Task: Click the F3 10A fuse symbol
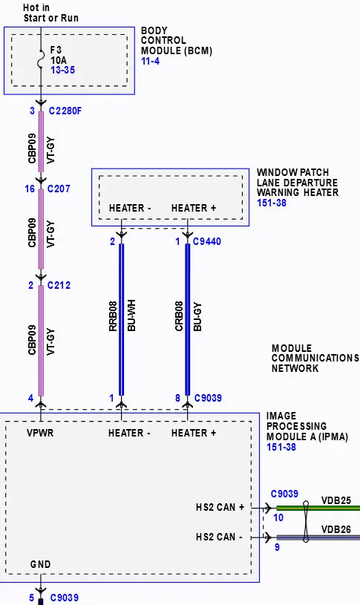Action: coord(41,60)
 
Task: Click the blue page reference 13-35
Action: coord(62,71)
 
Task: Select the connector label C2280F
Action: coord(65,111)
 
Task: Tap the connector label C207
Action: coord(59,189)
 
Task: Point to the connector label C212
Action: coord(59,285)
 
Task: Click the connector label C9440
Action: coord(207,241)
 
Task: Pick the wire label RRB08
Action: coord(113,316)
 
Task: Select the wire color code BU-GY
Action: coord(197,317)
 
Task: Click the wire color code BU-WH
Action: coord(131,316)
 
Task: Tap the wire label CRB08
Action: coord(179,316)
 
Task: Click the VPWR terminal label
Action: coord(40,433)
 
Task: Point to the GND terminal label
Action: coord(41,564)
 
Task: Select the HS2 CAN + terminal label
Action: coord(220,507)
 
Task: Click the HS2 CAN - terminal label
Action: coord(219,537)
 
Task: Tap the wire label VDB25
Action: coord(336,500)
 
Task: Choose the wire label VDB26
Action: coord(336,529)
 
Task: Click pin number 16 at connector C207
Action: coord(30,189)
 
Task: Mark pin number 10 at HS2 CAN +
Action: coord(278,518)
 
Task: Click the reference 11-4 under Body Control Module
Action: coord(150,61)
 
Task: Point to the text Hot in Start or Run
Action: coord(51,13)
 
